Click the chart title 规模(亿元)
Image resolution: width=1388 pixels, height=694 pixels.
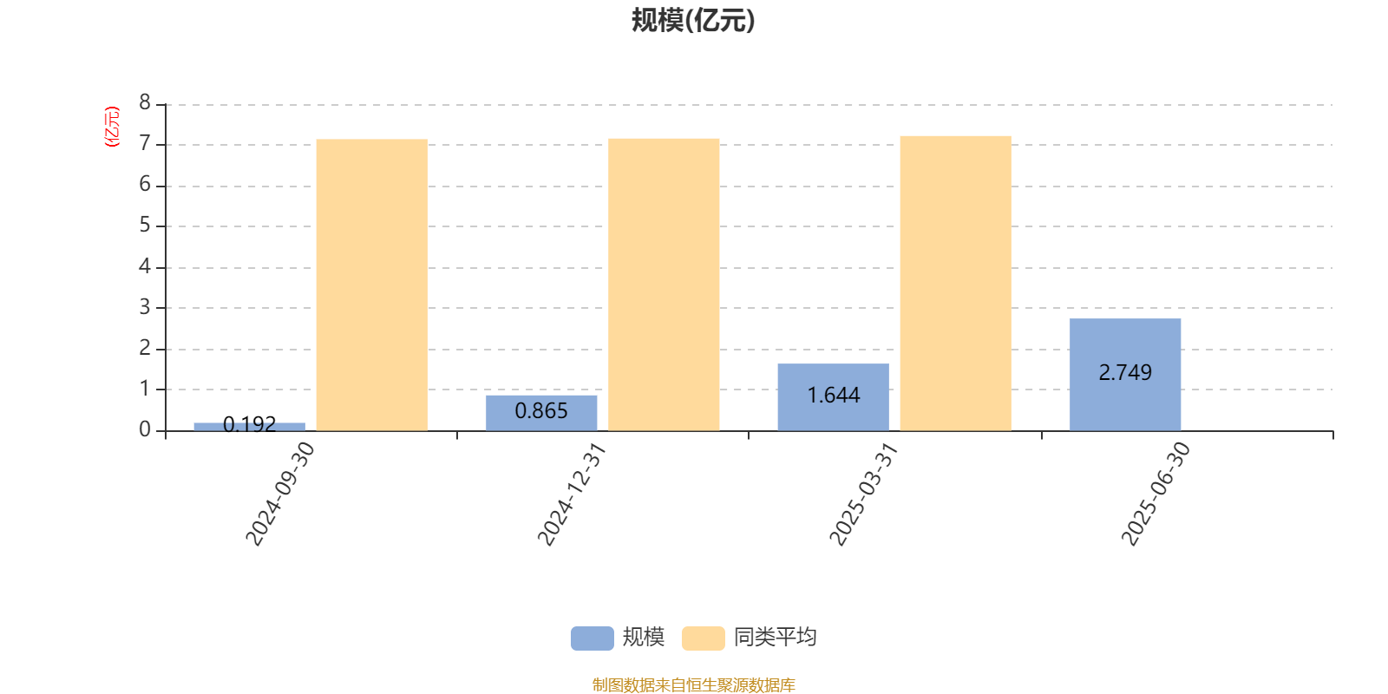(x=693, y=21)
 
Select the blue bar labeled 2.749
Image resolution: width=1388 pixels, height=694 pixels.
(x=1124, y=374)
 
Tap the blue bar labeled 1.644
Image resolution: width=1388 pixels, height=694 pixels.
(x=833, y=397)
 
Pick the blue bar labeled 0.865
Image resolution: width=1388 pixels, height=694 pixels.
(x=541, y=413)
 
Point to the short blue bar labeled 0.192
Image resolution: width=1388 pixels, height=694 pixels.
(x=249, y=426)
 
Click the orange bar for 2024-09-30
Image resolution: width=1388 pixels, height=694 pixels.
(x=372, y=285)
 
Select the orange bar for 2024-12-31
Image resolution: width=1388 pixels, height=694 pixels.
(x=664, y=285)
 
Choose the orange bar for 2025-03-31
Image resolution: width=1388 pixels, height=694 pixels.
(x=955, y=283)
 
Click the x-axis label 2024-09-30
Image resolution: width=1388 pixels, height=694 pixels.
(x=280, y=494)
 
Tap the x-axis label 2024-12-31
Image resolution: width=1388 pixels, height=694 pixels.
(x=572, y=494)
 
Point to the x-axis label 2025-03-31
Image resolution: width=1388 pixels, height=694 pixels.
(x=863, y=494)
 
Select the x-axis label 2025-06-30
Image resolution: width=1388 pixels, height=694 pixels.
(x=1156, y=494)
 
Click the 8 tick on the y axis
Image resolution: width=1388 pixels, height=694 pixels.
(x=145, y=102)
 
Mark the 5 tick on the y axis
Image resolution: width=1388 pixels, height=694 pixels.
(x=145, y=225)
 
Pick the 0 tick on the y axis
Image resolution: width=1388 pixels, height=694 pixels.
(x=145, y=429)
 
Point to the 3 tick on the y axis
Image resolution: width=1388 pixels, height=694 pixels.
(x=145, y=307)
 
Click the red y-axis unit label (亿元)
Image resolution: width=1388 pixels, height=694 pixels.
(x=112, y=127)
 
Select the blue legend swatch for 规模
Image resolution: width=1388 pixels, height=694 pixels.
(x=593, y=638)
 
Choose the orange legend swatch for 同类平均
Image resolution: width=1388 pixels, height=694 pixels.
(x=704, y=638)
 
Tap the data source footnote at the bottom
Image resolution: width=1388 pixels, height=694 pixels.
(x=693, y=684)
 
